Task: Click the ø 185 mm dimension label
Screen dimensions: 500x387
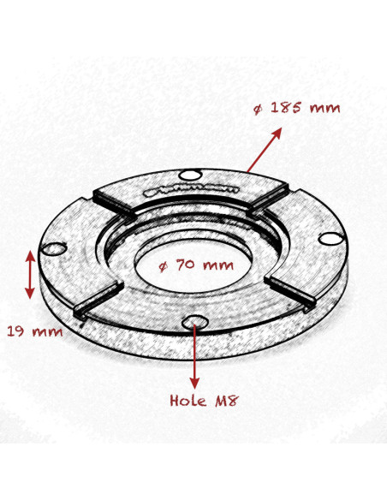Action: (x=297, y=109)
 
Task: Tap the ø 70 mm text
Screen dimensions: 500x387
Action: (x=197, y=265)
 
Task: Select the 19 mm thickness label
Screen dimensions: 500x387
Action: (x=33, y=331)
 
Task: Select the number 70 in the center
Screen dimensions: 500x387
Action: (x=188, y=265)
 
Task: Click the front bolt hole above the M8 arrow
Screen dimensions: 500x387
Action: (x=197, y=321)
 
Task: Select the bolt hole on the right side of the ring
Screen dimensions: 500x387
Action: (x=330, y=241)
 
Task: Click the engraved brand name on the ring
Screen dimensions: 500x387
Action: (x=181, y=187)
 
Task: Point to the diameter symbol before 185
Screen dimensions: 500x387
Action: (x=258, y=110)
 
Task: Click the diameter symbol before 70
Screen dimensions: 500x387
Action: (x=164, y=265)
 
